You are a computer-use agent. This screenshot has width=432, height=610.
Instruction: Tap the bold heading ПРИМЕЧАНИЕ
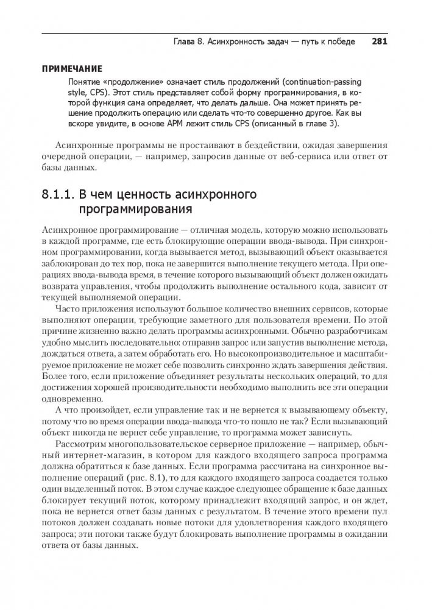pos(72,69)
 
